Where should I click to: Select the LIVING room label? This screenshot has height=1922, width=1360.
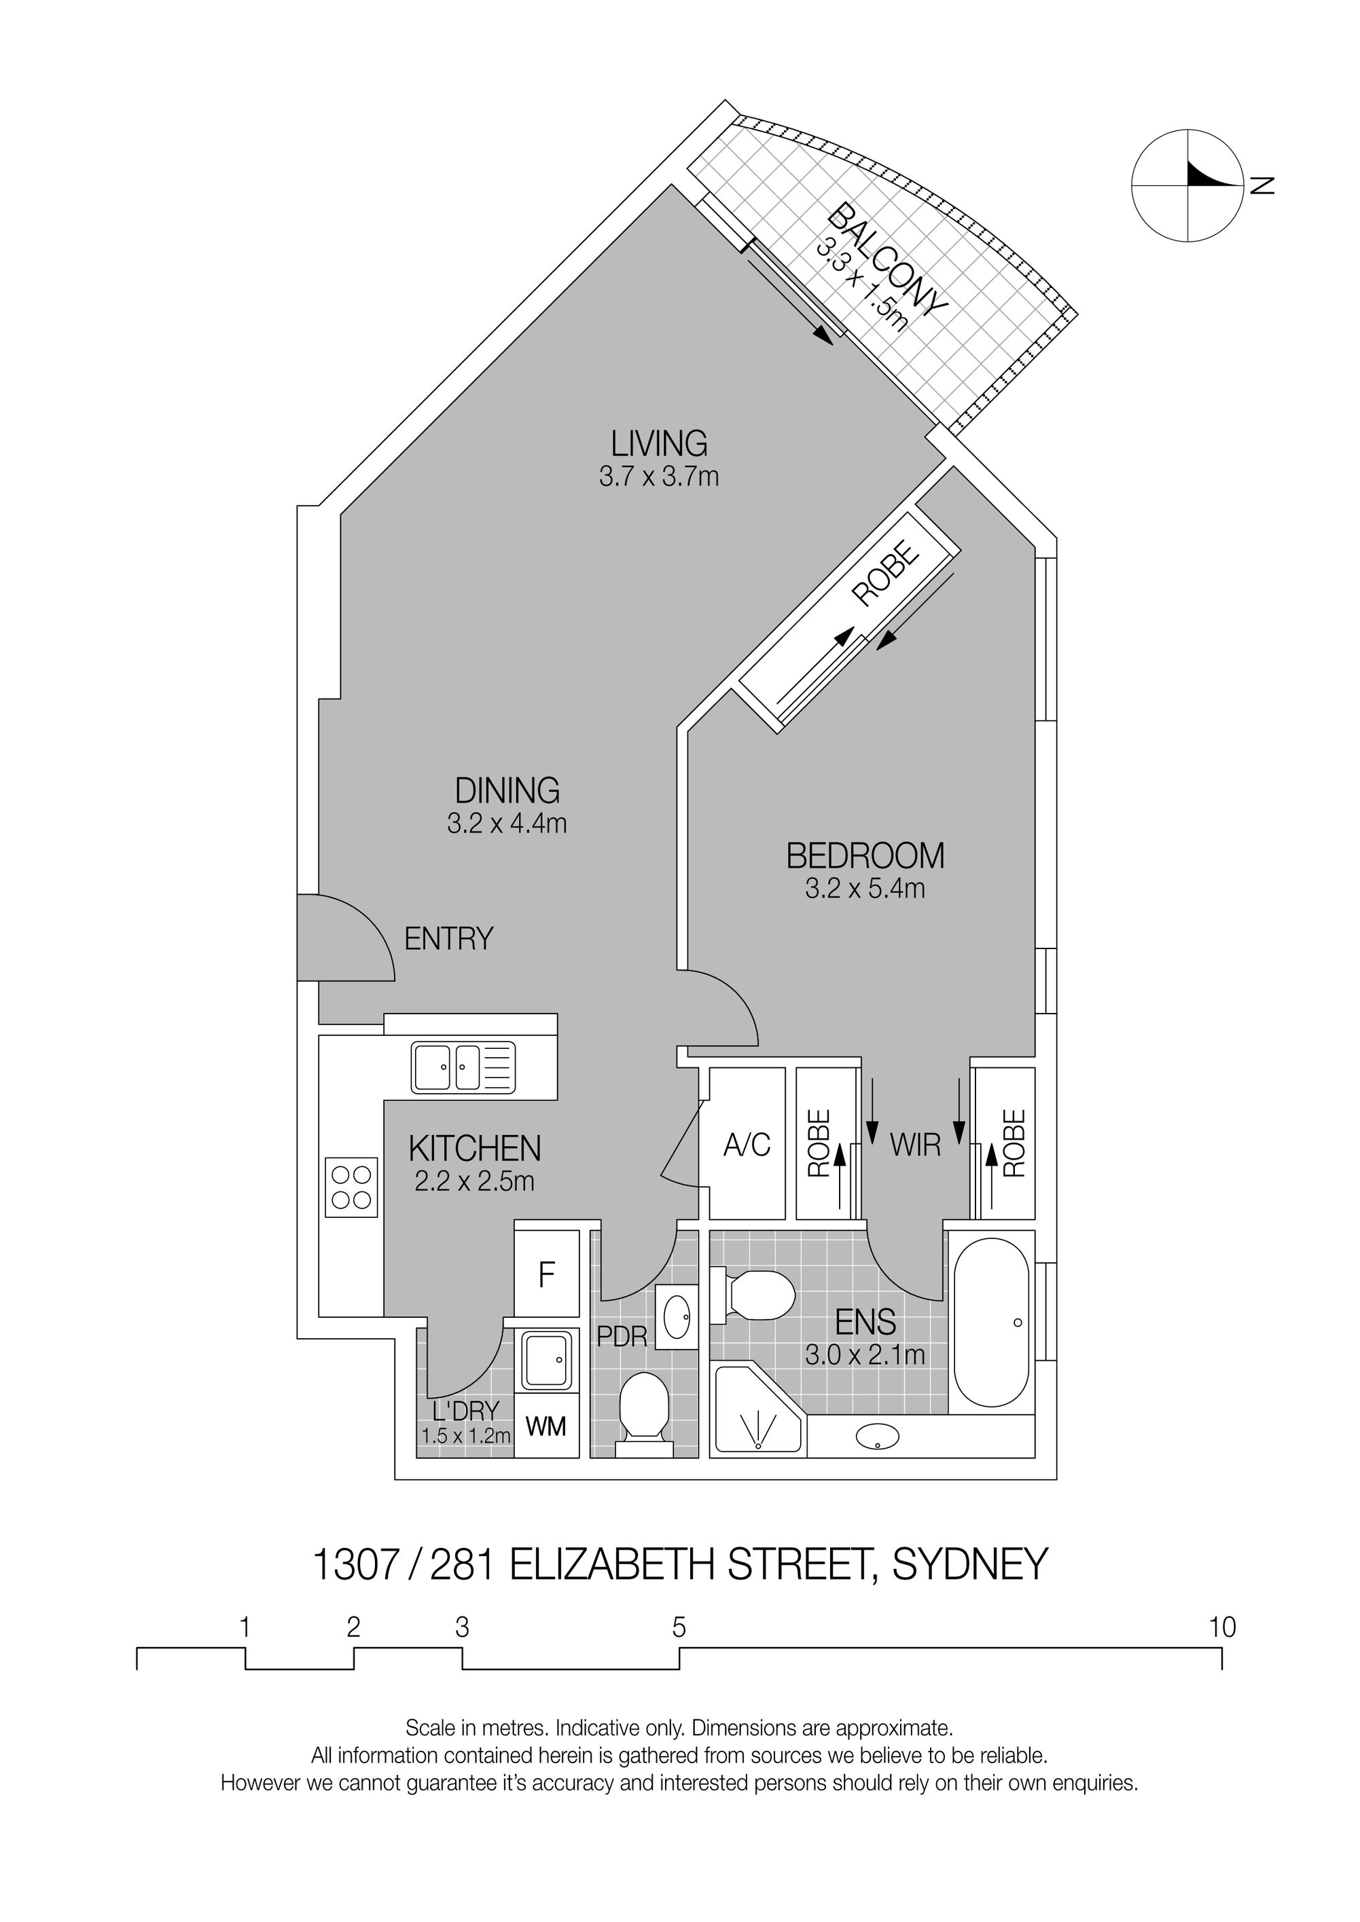click(659, 442)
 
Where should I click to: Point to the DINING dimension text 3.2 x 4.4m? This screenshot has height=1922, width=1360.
click(507, 824)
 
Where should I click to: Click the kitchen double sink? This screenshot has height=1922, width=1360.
click(462, 1067)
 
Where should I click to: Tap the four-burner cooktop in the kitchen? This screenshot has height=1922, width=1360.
click(352, 1188)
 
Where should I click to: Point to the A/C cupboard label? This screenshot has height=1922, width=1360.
click(747, 1145)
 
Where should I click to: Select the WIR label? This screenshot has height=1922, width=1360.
click(915, 1145)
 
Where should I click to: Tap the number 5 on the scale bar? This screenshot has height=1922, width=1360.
click(679, 1627)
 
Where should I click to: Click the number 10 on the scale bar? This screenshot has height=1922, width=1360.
click(1223, 1627)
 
